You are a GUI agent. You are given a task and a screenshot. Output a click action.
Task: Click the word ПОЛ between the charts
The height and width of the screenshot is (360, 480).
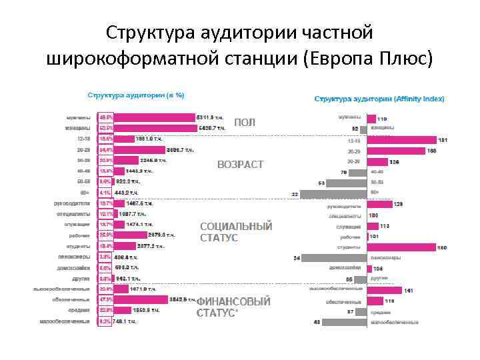tap(245, 123)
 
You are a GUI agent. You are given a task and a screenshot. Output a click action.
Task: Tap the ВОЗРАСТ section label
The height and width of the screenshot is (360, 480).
tap(241, 164)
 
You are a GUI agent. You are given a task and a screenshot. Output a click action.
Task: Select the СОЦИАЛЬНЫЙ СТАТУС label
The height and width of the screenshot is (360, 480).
tap(236, 232)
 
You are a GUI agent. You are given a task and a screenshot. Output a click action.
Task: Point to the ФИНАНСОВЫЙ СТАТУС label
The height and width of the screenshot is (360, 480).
tap(233, 307)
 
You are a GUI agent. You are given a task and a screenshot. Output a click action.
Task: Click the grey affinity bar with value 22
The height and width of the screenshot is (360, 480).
tap(334, 194)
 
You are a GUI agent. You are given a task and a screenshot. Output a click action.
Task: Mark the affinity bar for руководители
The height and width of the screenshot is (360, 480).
tap(380, 204)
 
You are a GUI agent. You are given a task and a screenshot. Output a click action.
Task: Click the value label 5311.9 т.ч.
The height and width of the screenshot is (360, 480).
tap(212, 116)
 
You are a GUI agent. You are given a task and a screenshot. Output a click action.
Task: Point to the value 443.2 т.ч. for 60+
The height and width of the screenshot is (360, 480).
tap(126, 192)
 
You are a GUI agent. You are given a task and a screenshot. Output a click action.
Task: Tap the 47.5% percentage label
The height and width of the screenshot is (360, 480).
tap(105, 299)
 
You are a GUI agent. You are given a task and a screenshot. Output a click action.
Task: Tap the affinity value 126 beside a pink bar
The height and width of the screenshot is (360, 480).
tap(395, 162)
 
